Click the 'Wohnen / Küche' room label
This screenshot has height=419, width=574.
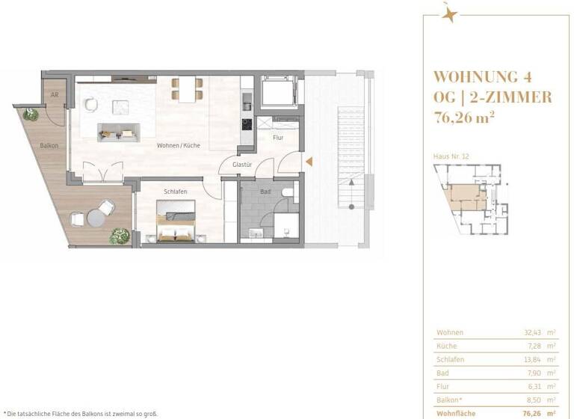click(178, 145)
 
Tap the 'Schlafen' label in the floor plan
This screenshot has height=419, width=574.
click(176, 192)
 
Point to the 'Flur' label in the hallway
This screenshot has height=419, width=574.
click(277, 138)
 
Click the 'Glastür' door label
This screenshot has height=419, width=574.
click(241, 164)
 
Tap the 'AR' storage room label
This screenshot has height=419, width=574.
click(55, 96)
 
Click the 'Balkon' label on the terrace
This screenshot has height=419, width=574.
click(49, 145)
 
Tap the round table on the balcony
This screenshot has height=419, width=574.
click(94, 218)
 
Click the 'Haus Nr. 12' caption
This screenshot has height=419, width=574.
click(451, 156)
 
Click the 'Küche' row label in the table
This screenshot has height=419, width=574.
click(445, 346)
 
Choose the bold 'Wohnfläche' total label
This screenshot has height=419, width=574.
click(453, 412)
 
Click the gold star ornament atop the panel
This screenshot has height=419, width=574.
click(449, 14)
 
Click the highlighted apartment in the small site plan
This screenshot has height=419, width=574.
click(464, 197)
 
